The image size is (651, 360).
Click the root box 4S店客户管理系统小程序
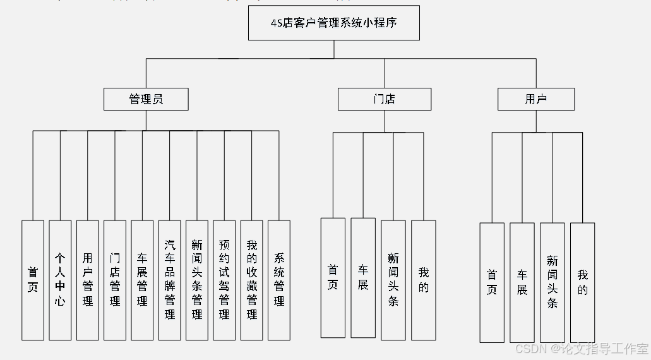click(333, 23)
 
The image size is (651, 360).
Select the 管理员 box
click(146, 99)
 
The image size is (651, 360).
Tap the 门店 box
click(384, 99)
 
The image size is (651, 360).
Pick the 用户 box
click(535, 99)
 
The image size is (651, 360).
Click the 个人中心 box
click(60, 280)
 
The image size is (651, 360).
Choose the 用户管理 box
click(87, 280)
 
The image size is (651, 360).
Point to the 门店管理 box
click(115, 280)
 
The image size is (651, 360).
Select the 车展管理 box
click(142, 280)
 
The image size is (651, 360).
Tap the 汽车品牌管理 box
click(169, 280)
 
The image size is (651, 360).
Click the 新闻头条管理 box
click(197, 280)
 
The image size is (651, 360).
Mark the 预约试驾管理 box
click(224, 280)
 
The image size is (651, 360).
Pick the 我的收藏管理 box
click(251, 280)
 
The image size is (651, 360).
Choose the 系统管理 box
click(279, 280)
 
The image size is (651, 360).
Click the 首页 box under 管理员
click(33, 280)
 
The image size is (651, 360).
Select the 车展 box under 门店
click(363, 277)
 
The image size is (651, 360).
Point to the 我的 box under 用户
click(582, 282)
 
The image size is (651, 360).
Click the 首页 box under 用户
click(492, 282)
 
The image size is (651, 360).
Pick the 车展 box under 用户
click(522, 282)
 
